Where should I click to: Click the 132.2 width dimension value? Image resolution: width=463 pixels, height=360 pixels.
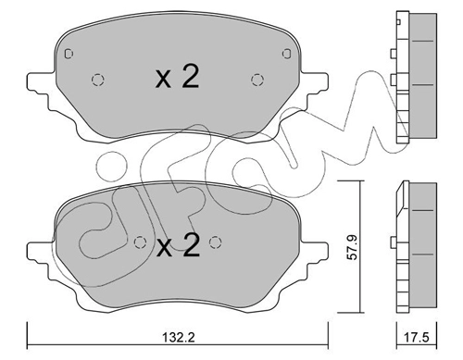(179, 338)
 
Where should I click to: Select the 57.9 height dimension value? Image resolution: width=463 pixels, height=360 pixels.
(352, 246)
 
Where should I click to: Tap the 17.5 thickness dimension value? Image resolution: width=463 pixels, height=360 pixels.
(417, 338)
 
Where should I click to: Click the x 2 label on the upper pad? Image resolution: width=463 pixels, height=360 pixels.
(177, 77)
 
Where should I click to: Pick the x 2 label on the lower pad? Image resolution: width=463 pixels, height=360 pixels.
(178, 245)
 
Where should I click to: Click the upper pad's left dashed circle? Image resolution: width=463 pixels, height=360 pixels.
(98, 80)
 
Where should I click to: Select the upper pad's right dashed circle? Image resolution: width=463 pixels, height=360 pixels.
(257, 80)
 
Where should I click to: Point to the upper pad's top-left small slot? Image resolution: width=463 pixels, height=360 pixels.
(69, 54)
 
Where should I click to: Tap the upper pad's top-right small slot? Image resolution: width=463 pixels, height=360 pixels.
(287, 54)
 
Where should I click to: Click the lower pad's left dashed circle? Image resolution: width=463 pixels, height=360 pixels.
(140, 242)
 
